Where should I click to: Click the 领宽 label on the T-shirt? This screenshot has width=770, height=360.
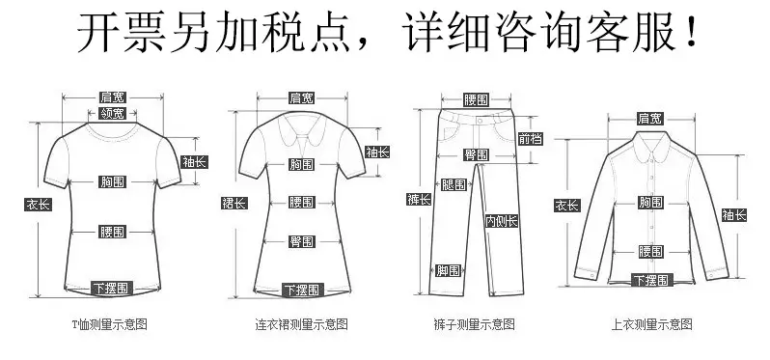(113, 114)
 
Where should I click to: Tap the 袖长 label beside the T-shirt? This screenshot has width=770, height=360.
(195, 161)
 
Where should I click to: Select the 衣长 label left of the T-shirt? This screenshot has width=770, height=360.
(39, 205)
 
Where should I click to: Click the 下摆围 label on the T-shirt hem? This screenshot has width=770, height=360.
(113, 288)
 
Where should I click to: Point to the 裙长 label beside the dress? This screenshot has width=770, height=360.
(234, 203)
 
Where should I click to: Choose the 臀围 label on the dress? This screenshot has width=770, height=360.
(301, 241)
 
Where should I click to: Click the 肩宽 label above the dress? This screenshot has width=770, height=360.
(301, 97)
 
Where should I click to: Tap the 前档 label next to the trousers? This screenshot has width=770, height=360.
(531, 139)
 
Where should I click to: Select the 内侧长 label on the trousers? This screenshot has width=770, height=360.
(502, 221)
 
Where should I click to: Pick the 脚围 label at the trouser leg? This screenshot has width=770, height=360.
(449, 270)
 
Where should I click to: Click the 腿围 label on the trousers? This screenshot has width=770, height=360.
(454, 184)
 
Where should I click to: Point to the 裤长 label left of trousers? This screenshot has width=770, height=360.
(419, 199)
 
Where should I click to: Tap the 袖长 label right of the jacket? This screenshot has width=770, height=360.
(734, 215)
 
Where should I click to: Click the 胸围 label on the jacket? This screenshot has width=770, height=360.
(650, 202)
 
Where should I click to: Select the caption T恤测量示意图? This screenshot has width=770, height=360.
(109, 324)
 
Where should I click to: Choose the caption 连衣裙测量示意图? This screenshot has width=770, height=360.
(301, 324)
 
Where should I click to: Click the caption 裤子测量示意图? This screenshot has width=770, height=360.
(475, 324)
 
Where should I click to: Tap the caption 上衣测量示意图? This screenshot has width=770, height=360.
(651, 324)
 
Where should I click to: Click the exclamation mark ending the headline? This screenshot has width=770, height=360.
(692, 32)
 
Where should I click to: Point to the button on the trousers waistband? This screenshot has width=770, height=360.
(480, 121)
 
